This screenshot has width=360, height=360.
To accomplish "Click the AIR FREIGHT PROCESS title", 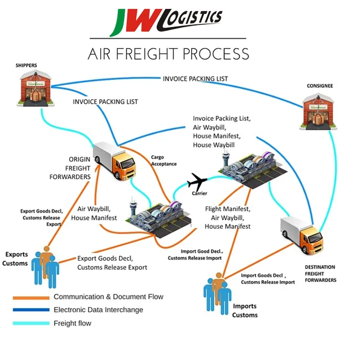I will click(168, 54).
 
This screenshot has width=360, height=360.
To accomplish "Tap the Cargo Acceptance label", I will click(164, 160).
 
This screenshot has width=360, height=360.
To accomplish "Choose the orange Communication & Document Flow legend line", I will click(31, 297).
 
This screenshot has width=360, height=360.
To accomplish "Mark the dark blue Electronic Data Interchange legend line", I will click(31, 310).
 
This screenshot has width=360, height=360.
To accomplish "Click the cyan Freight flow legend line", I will click(31, 323).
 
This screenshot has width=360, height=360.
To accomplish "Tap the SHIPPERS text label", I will click(26, 65).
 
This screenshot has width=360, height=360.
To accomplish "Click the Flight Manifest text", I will click(228, 209).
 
